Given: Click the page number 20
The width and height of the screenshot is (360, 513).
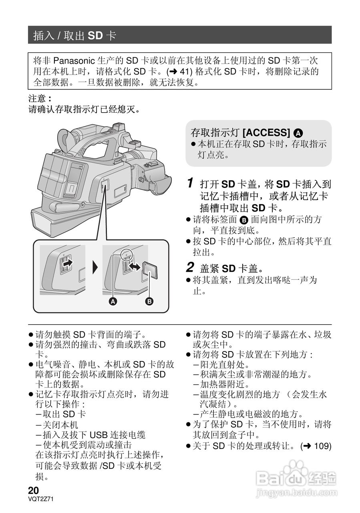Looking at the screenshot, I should click(x=33, y=490).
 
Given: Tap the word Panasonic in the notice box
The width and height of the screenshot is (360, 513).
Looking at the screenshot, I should click(x=74, y=61).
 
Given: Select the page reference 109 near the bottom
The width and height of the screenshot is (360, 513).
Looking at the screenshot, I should click(x=323, y=446).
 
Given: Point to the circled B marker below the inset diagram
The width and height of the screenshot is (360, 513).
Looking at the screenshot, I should click(x=149, y=301).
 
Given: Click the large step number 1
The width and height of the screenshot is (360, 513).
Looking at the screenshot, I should click(x=191, y=184).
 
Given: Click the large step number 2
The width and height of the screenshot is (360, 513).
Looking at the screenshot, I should click(x=191, y=267).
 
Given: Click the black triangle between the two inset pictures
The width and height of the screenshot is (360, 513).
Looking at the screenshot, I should click(x=95, y=267).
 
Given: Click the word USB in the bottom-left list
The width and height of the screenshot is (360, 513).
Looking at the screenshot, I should click(x=98, y=435).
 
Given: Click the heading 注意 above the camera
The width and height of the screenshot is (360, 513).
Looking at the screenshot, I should click(x=39, y=99).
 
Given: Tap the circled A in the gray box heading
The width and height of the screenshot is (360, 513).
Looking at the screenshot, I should click(x=298, y=133).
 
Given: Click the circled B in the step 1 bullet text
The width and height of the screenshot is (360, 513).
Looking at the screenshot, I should click(x=244, y=220).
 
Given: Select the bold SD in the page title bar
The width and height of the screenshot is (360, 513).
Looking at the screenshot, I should click(x=96, y=36).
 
